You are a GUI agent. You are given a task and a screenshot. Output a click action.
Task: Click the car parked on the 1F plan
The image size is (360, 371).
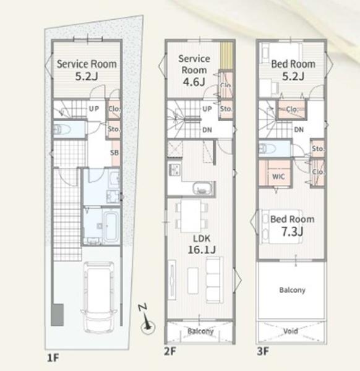pyautogui.click(x=98, y=297)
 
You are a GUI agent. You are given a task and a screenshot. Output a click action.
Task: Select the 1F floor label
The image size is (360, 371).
pyautogui.click(x=53, y=358)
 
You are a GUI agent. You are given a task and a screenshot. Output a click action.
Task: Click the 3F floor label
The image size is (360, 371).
pyautogui.click(x=263, y=351)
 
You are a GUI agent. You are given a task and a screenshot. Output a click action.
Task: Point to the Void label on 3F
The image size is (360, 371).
pyautogui.click(x=291, y=331)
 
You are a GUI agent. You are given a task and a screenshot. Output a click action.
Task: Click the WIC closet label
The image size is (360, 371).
pyautogui.click(x=278, y=176)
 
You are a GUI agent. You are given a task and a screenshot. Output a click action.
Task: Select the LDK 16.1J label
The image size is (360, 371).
pyautogui.click(x=202, y=244)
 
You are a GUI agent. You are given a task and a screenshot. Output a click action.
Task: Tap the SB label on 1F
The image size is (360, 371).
pyautogui.click(x=114, y=153)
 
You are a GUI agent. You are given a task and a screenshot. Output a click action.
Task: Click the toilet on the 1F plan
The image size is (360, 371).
pyautogui.click(x=62, y=129)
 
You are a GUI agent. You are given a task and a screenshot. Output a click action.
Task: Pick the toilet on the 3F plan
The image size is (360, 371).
pyautogui.click(x=267, y=149)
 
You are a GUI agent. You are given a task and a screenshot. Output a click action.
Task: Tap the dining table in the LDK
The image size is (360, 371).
pyautogui.click(x=191, y=216)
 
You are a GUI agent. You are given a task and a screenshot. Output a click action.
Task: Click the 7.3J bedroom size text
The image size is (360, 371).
pyautogui.click(x=292, y=232)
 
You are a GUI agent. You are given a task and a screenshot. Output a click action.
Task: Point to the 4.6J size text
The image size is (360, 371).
pyautogui.click(x=194, y=82)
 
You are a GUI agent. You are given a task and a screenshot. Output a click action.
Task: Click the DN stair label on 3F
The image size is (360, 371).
pyautogui.click(x=299, y=129)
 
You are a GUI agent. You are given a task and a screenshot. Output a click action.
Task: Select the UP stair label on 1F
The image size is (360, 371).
pyautogui.click(x=94, y=109)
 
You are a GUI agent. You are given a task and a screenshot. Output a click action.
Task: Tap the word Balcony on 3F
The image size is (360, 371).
pyautogui.click(x=292, y=290)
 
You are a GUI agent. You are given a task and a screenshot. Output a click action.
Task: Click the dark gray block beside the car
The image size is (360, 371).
pyautogui.click(x=58, y=315)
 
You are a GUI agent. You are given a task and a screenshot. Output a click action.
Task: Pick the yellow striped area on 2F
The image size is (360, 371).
pyautogui.click(x=226, y=55)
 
